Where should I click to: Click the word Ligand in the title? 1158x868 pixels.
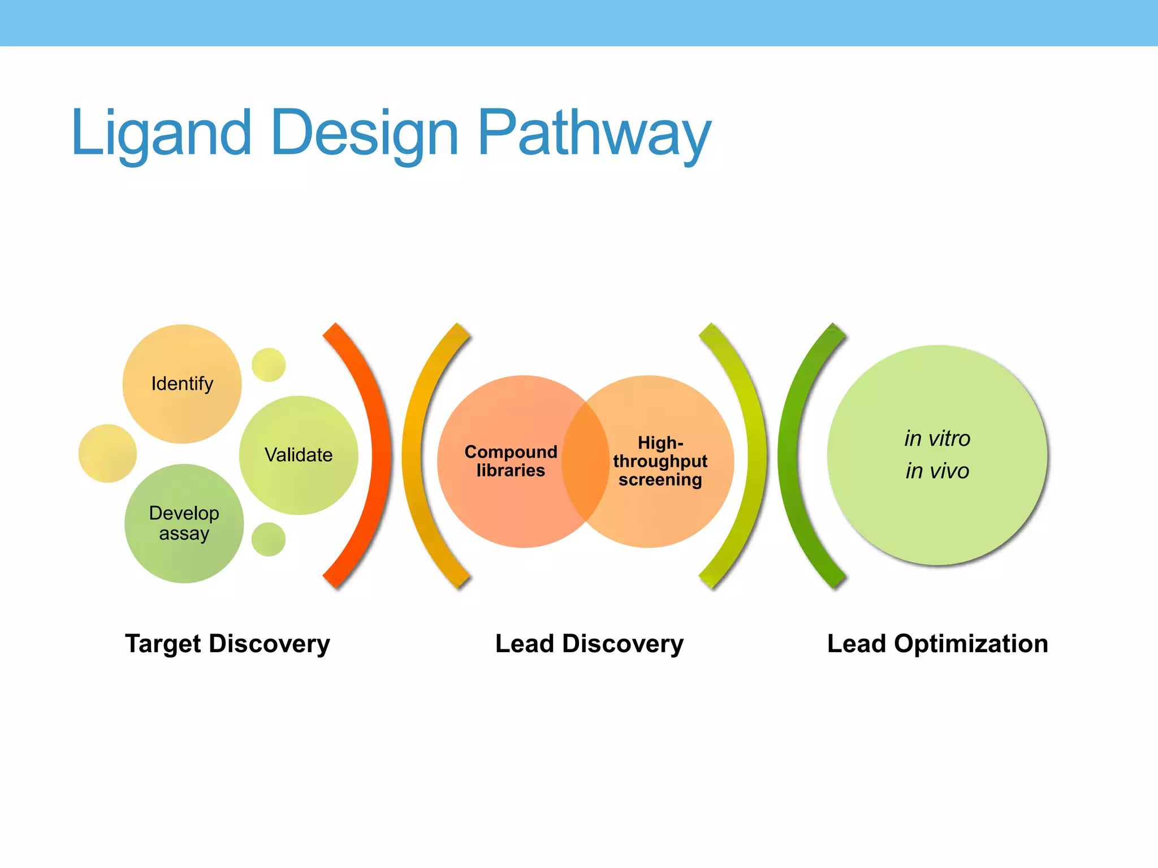click(x=161, y=134)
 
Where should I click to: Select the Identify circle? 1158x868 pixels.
click(x=182, y=384)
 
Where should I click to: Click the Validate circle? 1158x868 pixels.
click(x=299, y=455)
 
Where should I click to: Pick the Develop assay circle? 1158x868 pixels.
click(x=184, y=523)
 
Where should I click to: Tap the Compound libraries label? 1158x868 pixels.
click(x=511, y=461)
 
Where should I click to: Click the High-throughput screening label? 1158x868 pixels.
click(x=660, y=461)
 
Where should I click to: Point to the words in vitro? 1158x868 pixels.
click(x=937, y=439)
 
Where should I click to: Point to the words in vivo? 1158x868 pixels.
click(x=937, y=471)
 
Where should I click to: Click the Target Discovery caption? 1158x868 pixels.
click(x=227, y=644)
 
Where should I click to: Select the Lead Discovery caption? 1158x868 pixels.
click(x=589, y=644)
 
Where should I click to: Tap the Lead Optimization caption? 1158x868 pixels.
click(x=937, y=644)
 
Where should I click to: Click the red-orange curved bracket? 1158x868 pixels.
click(x=380, y=455)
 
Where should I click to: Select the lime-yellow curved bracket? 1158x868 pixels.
click(x=757, y=455)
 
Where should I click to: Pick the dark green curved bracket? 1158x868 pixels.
click(x=788, y=455)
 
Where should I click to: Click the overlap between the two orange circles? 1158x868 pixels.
click(x=586, y=461)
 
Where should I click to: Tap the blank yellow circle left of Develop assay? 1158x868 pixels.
click(x=107, y=453)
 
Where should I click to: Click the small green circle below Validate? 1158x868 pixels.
click(x=269, y=539)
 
